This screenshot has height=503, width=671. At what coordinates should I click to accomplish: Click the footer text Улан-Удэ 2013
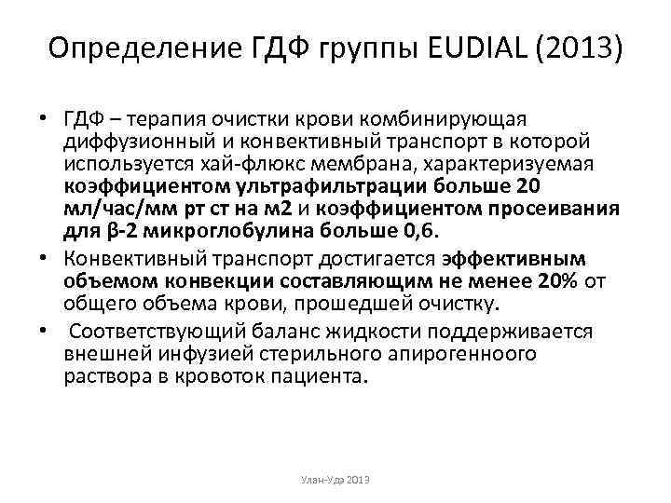(x=335, y=479)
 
